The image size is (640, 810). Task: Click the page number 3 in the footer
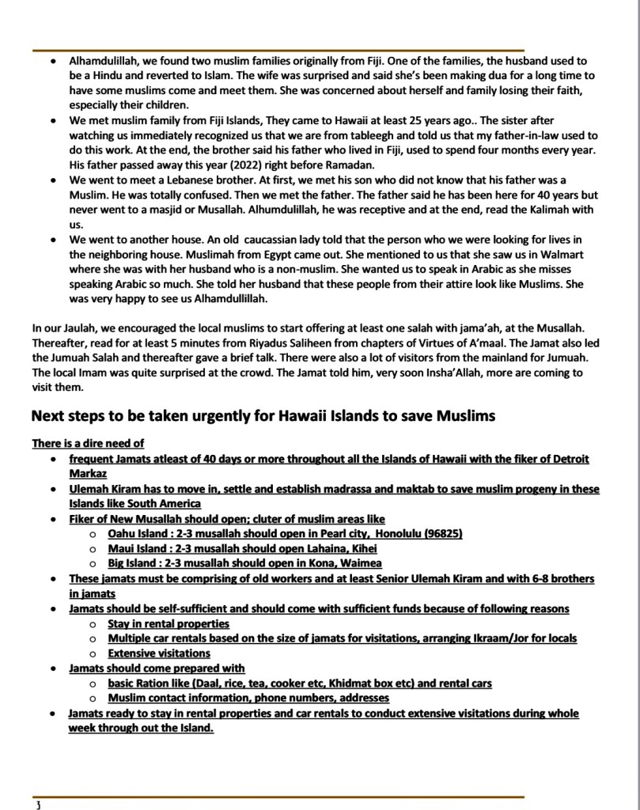37,804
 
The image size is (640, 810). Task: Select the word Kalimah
542,210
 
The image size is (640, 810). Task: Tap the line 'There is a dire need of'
88,443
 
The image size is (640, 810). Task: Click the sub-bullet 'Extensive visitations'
159,653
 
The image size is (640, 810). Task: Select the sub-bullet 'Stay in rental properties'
169,623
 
